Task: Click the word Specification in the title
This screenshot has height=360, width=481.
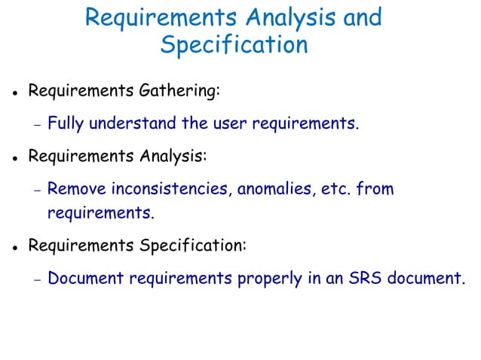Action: [234, 44]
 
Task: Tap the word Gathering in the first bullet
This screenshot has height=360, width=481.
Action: [179, 92]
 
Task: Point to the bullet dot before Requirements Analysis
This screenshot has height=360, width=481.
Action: [14, 160]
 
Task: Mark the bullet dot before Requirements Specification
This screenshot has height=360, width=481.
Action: [14, 248]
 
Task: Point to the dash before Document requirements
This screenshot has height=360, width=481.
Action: [36, 279]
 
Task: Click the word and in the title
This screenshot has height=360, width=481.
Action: [362, 17]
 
